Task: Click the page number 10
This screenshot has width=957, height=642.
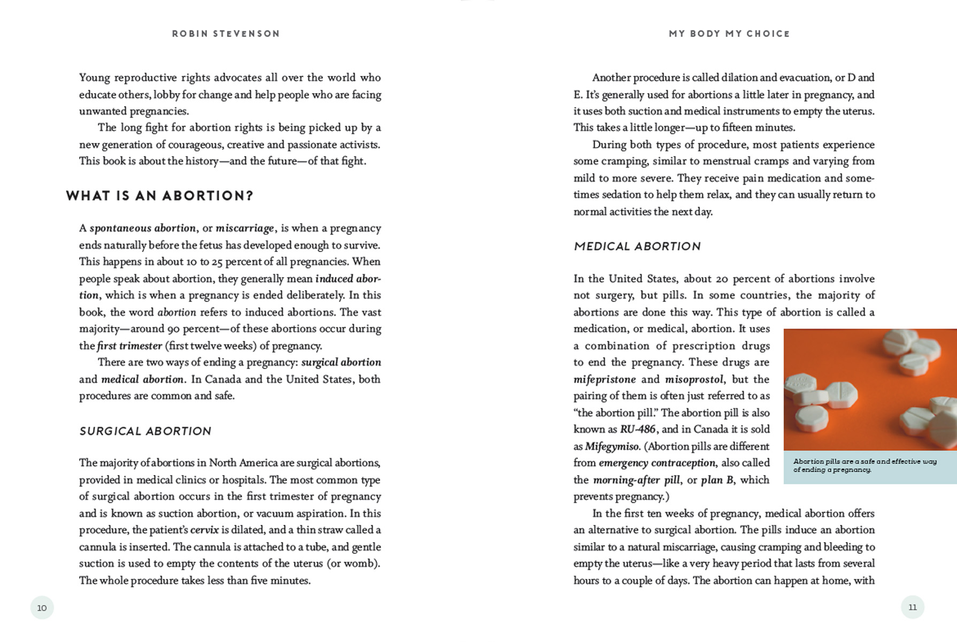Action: tap(42, 608)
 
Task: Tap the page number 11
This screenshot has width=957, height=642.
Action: tap(913, 607)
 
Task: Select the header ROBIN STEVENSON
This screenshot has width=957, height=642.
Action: tap(226, 34)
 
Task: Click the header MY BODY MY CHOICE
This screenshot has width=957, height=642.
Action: tap(729, 34)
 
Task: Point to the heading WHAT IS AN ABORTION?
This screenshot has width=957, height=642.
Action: tap(159, 196)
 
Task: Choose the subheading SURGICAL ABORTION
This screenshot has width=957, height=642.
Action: tap(145, 431)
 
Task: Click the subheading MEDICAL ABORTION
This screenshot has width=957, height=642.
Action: tap(637, 247)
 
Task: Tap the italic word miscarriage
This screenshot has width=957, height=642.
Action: tap(245, 228)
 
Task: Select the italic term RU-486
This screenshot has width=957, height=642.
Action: tap(638, 430)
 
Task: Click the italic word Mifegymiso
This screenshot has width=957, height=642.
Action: tap(612, 446)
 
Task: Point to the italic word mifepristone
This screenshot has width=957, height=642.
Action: tap(605, 379)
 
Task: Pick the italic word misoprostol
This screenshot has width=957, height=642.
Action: tap(694, 379)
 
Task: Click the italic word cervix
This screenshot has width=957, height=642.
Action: tap(204, 530)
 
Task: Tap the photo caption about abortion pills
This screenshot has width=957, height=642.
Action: tap(865, 465)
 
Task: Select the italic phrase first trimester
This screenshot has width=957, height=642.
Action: tap(129, 346)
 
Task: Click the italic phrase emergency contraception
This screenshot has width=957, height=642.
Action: tap(657, 463)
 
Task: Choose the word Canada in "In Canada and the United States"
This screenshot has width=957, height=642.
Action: tap(223, 379)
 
